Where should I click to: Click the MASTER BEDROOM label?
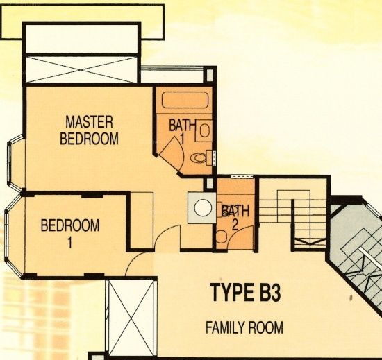tap(89, 130)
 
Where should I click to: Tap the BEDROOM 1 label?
tap(70, 233)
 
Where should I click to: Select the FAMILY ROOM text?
tap(244, 327)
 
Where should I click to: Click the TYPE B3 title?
tap(246, 292)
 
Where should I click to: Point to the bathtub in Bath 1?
tap(185, 100)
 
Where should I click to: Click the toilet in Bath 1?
tap(201, 158)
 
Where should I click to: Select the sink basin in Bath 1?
tap(205, 130)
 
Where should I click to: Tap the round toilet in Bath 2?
tap(221, 237)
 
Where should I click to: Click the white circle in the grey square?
tap(203, 207)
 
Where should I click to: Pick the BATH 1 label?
tap(182, 131)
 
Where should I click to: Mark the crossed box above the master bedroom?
tap(81, 69)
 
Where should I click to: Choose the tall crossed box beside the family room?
tap(131, 318)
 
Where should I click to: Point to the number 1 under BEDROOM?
tap(70, 243)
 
